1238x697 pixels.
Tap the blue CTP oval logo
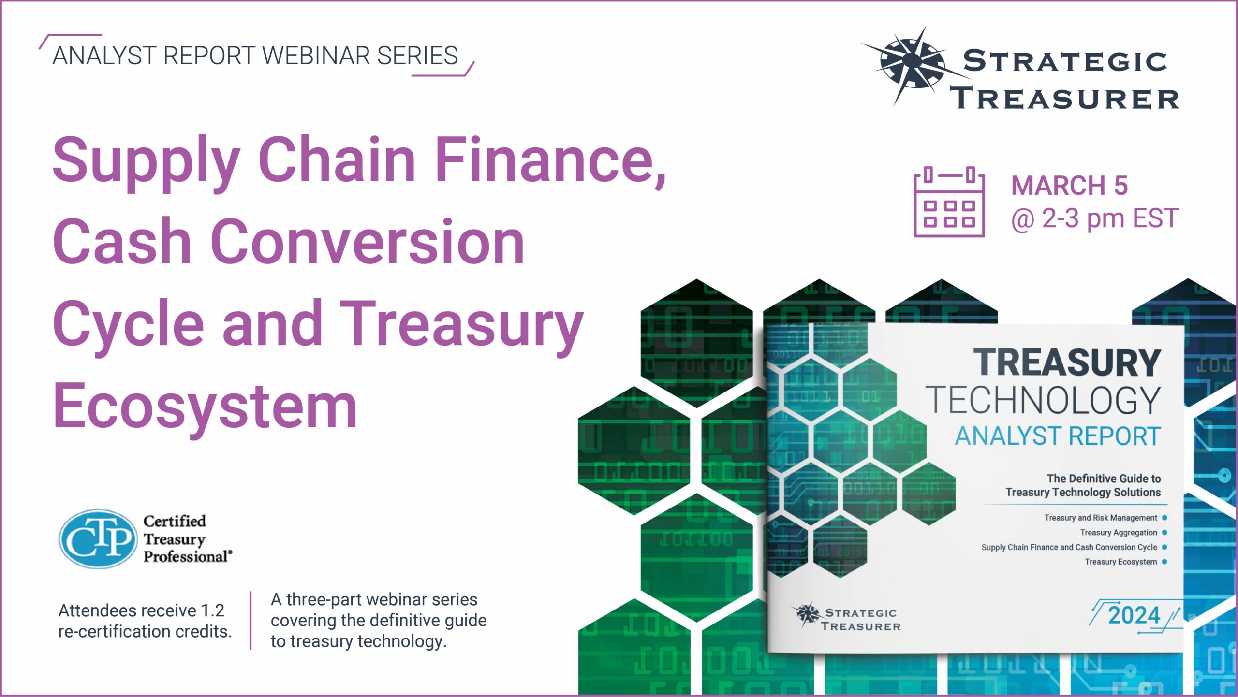[98, 538]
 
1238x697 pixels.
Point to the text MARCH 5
[1069, 186]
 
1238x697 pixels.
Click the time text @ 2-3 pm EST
[1095, 219]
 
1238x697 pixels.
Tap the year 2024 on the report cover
[1134, 615]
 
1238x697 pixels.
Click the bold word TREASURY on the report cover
[1067, 363]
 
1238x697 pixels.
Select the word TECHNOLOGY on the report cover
[1043, 400]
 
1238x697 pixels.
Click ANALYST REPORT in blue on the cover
[1058, 436]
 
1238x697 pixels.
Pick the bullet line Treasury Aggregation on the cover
[1119, 533]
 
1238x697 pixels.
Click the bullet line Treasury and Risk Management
[1101, 518]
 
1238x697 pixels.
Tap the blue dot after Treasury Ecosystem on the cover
[1164, 562]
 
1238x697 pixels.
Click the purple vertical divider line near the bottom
[251, 621]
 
